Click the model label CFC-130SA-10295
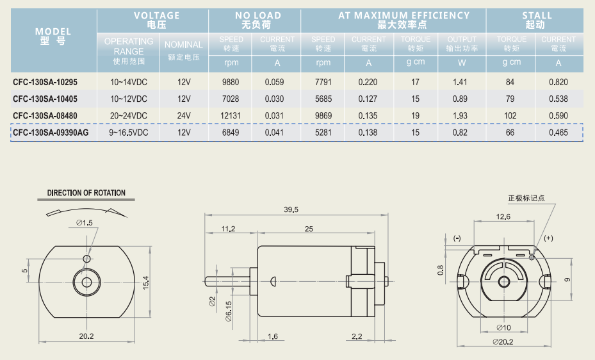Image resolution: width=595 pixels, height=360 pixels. point(45,82)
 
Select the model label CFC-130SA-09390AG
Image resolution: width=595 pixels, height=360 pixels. point(51,133)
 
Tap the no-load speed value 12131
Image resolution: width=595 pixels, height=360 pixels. point(231,116)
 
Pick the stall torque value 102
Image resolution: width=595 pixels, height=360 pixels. point(510,116)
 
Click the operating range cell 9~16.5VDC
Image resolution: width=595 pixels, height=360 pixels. point(129,133)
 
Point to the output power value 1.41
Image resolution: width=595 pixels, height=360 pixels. point(460,82)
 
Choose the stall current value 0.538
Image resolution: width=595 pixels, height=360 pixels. point(558,99)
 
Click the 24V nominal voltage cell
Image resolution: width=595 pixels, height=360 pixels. point(184,116)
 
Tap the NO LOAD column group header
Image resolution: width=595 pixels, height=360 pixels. point(257,20)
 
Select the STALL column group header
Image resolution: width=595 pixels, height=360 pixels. point(536,20)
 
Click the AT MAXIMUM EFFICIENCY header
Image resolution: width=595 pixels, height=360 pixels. point(403,20)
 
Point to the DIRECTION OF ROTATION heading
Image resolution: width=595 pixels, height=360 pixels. point(86,193)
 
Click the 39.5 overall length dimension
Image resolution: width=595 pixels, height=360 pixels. point(291,209)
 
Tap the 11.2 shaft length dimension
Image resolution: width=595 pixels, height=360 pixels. point(229,229)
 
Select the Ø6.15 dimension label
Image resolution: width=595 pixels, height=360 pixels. point(229,311)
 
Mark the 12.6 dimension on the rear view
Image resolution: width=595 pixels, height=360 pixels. point(503,217)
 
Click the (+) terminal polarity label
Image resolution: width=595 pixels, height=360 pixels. point(548,238)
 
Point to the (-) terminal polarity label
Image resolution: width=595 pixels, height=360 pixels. point(457,238)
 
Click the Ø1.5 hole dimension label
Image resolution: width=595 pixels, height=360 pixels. point(85,223)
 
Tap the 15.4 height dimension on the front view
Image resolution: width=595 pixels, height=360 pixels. point(146,282)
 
